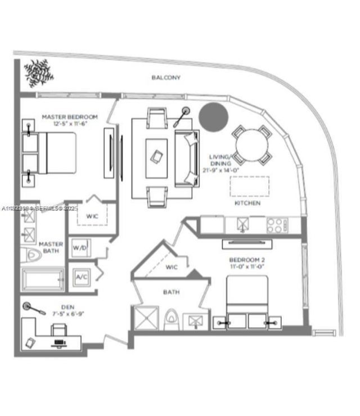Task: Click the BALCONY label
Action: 166,78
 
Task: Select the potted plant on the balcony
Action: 38,71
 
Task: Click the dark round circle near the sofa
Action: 214,116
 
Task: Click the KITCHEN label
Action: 248,203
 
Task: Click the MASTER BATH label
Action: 51,247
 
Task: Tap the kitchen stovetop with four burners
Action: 276,225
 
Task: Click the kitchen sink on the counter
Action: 242,225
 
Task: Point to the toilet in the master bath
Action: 31,256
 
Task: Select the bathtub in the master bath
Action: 43,279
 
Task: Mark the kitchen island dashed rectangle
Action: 249,186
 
